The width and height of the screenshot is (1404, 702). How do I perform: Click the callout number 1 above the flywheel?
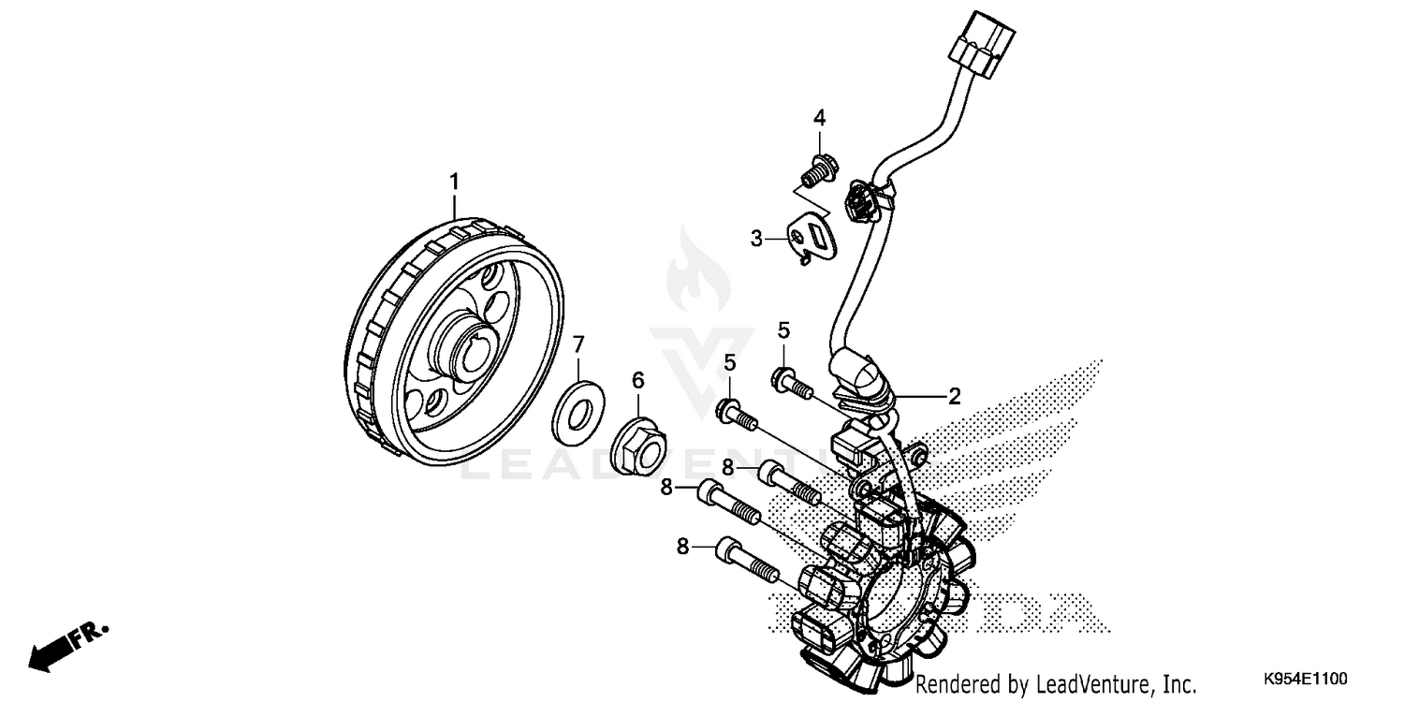[456, 180]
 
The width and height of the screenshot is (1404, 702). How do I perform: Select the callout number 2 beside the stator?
[954, 396]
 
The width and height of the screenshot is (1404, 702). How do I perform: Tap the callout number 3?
[757, 239]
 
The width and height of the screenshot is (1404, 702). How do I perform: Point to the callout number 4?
[819, 118]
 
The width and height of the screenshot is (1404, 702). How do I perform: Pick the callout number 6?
[637, 379]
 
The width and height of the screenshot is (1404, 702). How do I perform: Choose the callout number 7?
[578, 343]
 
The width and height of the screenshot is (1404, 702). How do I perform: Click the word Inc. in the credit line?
[1177, 683]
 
